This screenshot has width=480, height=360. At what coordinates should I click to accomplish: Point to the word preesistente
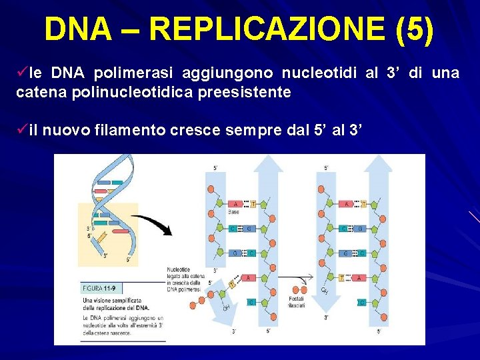244,92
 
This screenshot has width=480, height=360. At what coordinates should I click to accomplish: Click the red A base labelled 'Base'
234,203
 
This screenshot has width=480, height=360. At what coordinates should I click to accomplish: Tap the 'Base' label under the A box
234,213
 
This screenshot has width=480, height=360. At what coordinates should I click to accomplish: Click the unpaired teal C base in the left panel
251,302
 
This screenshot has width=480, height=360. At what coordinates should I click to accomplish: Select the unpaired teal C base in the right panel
361,302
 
